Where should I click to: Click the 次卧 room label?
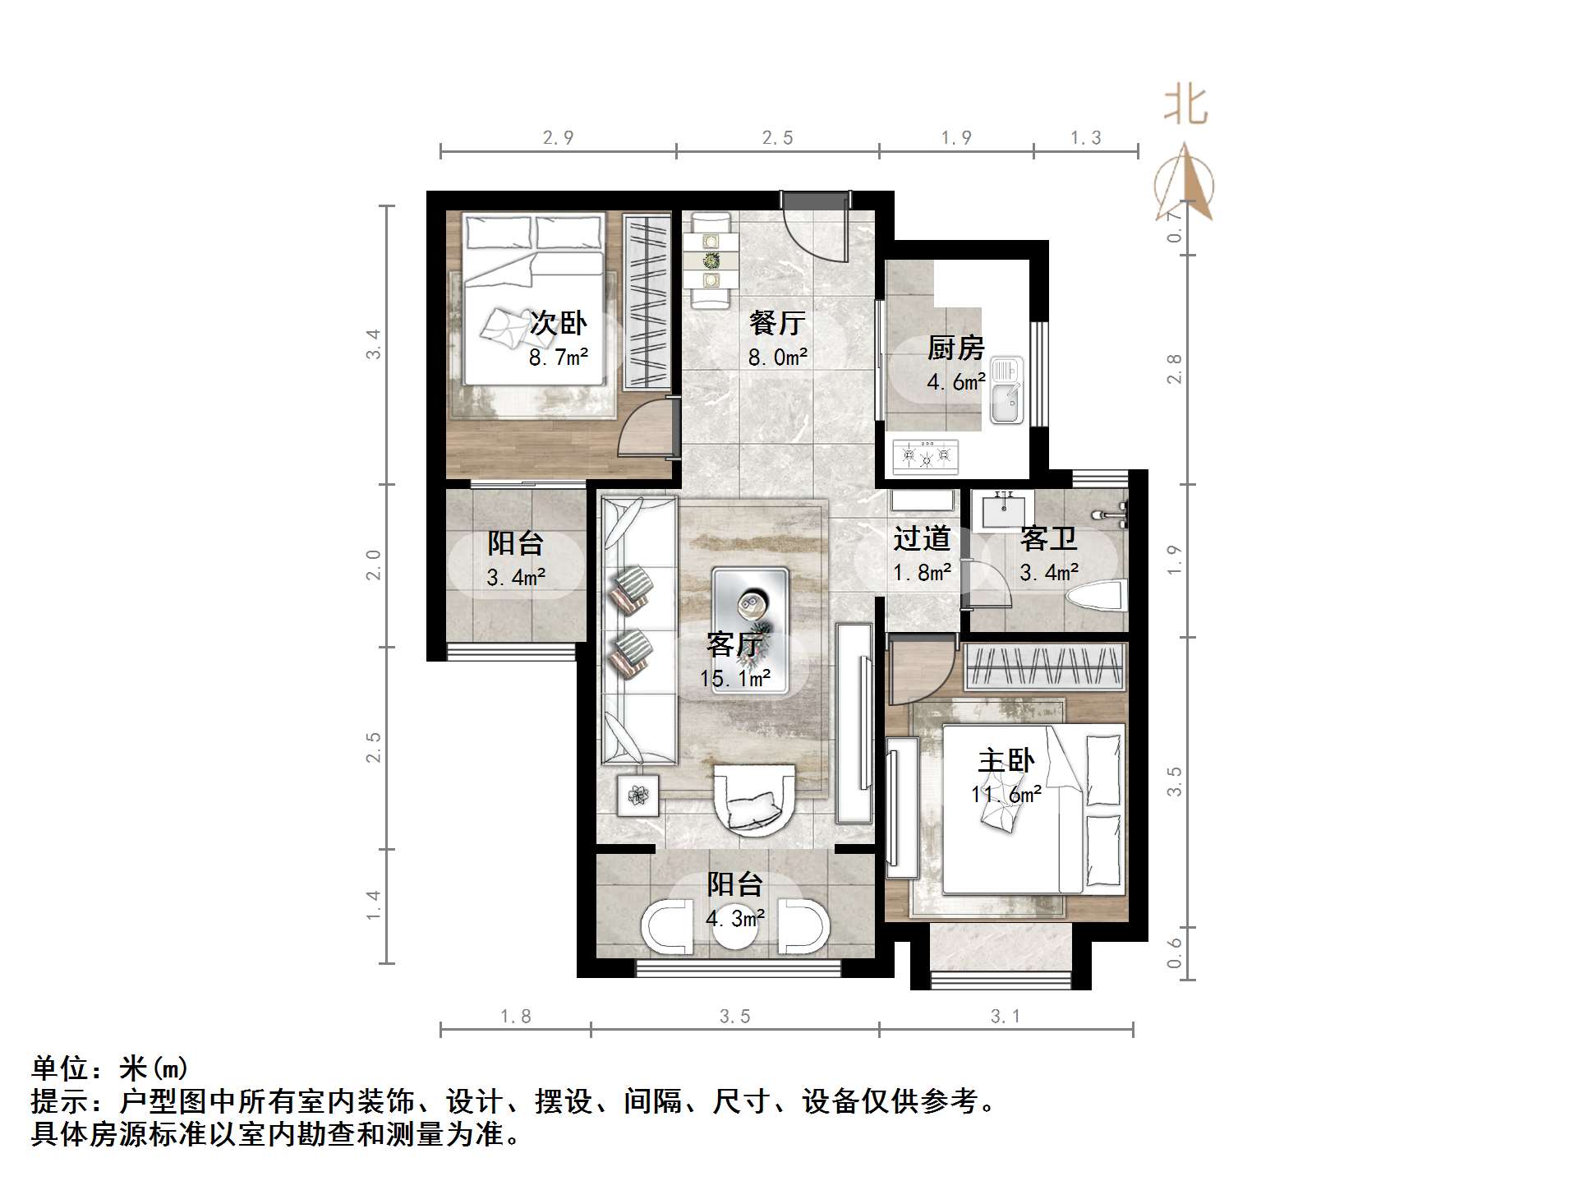coord(558,322)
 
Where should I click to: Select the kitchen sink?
coord(1006,390)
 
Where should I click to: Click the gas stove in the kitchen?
coord(926,456)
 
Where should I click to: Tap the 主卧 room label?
coord(1006,760)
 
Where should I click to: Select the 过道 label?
coord(922,538)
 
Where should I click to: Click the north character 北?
coord(1185,106)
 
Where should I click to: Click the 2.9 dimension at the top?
coord(558,138)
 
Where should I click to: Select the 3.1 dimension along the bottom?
coord(1006,1017)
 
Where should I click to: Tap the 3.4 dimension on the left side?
coord(374,344)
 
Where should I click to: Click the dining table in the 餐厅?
coord(711,260)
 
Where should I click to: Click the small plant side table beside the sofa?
coord(638,795)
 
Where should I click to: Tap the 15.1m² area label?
coord(735,679)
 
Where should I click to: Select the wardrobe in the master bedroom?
coord(1044,666)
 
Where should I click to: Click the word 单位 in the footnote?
coord(60,1068)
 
